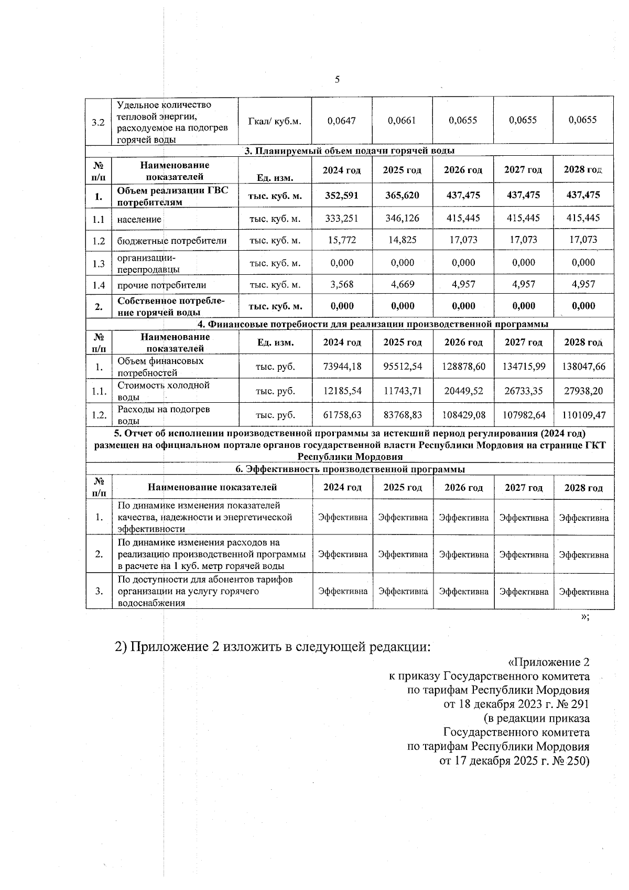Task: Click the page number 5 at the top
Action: tap(337, 80)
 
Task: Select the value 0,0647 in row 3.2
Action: tap(341, 120)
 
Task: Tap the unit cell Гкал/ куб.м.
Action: tap(275, 121)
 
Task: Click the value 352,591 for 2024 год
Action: tap(342, 195)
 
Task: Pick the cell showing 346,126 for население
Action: tap(402, 218)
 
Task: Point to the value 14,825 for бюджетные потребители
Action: tap(402, 240)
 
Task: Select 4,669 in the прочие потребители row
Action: tap(402, 284)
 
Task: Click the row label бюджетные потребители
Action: tap(172, 241)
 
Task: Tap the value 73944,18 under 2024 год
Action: tap(342, 367)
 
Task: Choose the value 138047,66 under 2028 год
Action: tap(583, 367)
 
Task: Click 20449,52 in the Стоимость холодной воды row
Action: tap(463, 391)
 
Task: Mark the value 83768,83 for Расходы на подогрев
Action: tap(403, 415)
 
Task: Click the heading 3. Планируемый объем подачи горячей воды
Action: tap(350, 151)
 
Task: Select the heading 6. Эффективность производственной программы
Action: tap(350, 469)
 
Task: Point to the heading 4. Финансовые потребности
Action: tap(350, 324)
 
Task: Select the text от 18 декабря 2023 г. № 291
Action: tap(516, 704)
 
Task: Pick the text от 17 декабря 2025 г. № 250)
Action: tap(514, 760)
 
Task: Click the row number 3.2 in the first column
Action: tap(98, 122)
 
